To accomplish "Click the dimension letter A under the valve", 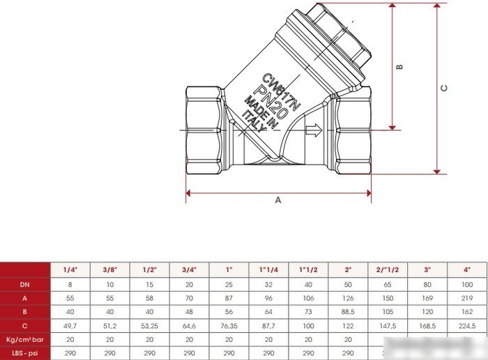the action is (x=278, y=200).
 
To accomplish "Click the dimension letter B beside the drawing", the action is (x=399, y=67).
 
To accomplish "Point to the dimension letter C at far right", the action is (x=444, y=88).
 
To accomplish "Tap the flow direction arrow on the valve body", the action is (x=314, y=130).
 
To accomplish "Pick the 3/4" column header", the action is (x=189, y=270).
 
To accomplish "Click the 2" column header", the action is (x=348, y=270).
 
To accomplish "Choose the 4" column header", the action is (x=467, y=270).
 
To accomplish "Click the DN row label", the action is (x=24, y=285).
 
